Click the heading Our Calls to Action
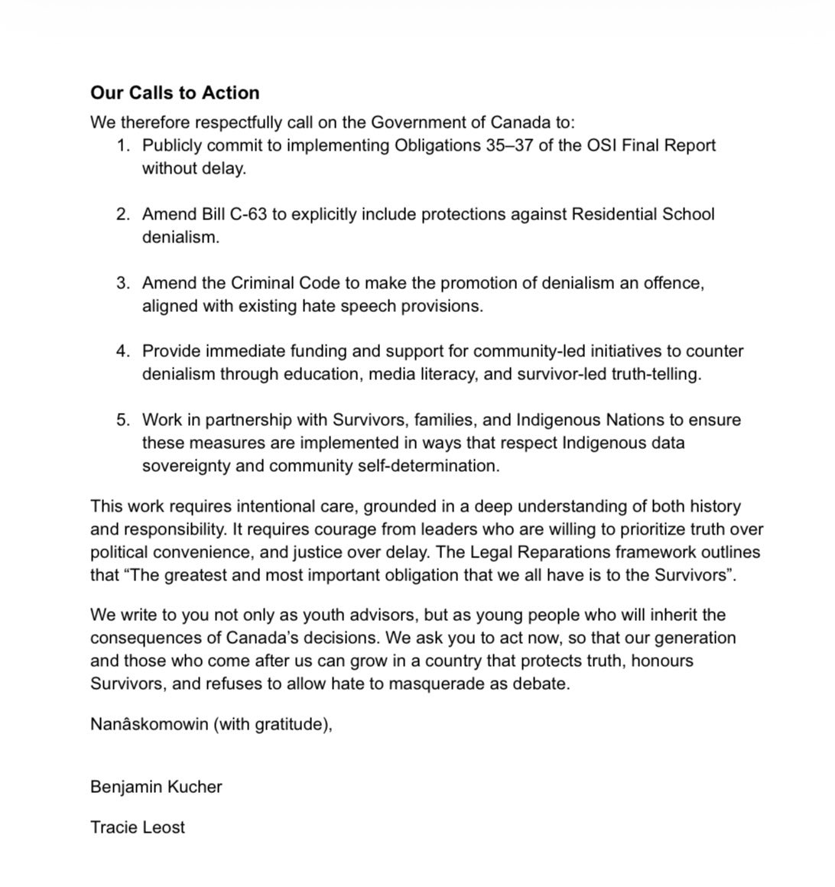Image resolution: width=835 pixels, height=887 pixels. pos(174,93)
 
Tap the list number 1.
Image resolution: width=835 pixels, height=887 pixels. pos(123,145)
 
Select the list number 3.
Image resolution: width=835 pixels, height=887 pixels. pos(123,283)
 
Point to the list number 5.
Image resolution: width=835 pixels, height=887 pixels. pos(123,420)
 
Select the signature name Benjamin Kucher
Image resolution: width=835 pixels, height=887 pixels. pos(156,787)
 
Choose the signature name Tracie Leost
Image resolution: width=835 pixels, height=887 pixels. pos(138,827)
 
